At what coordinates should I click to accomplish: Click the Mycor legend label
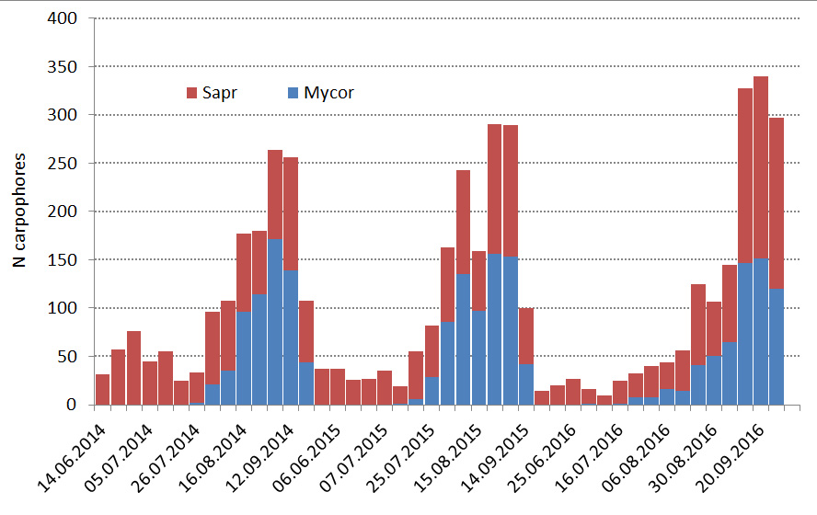pos(328,92)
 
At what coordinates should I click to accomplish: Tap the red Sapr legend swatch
pos(191,92)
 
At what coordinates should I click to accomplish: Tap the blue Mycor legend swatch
pos(293,92)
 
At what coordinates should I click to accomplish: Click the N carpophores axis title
pos(19,211)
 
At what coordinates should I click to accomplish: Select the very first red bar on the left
pos(102,389)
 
